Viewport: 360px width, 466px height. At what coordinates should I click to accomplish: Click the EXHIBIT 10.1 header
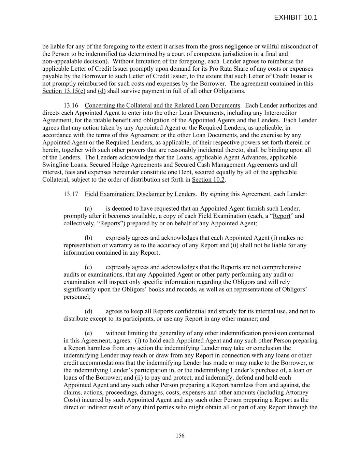pyautogui.click(x=296, y=17)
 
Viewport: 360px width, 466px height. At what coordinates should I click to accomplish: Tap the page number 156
pyautogui.click(x=180, y=435)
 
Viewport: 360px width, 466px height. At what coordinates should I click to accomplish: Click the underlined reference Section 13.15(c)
pyautogui.click(x=64, y=91)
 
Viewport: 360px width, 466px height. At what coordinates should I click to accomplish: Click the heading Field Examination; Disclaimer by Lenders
pyautogui.click(x=140, y=194)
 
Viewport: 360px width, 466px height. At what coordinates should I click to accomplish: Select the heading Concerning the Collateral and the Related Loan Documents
pyautogui.click(x=162, y=105)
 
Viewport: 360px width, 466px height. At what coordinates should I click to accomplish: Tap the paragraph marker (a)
pyautogui.click(x=88, y=209)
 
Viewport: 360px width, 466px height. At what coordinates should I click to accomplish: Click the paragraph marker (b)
pyautogui.click(x=88, y=238)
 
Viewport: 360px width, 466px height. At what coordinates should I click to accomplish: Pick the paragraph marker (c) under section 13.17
pyautogui.click(x=88, y=267)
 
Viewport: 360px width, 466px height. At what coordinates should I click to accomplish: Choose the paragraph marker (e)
pyautogui.click(x=88, y=333)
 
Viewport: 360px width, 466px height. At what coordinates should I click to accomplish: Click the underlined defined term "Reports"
pyautogui.click(x=110, y=224)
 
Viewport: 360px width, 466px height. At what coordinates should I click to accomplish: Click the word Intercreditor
pyautogui.click(x=279, y=113)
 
